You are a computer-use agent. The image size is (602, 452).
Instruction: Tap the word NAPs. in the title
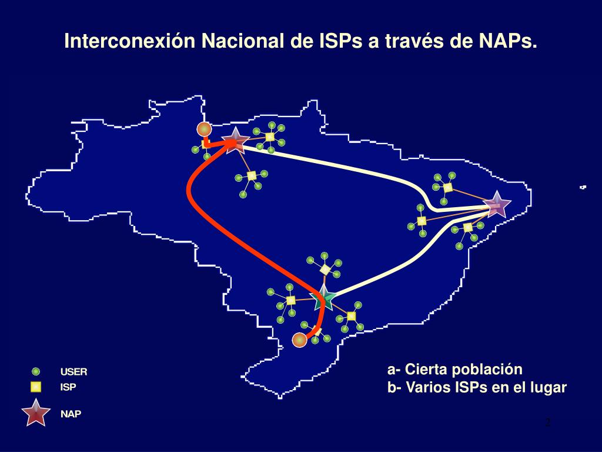tap(509, 42)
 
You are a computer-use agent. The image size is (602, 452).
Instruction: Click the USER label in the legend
tap(73, 372)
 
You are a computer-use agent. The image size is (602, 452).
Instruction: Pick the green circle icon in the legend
tap(36, 371)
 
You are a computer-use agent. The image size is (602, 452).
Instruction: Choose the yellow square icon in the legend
tap(36, 387)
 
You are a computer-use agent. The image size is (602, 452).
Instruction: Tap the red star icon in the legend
tap(36, 413)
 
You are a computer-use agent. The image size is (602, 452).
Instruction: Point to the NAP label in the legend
tap(71, 414)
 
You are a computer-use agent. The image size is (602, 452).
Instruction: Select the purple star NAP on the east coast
tap(497, 205)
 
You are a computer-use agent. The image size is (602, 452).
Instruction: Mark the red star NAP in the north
tap(235, 141)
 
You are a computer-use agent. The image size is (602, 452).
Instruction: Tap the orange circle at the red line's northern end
tap(204, 129)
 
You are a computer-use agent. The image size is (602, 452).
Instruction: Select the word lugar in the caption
tap(549, 388)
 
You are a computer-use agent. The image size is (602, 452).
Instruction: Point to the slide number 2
tap(548, 423)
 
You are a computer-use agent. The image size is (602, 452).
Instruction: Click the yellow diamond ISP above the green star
tap(325, 270)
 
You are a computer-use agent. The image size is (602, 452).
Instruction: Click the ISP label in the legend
tap(68, 388)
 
